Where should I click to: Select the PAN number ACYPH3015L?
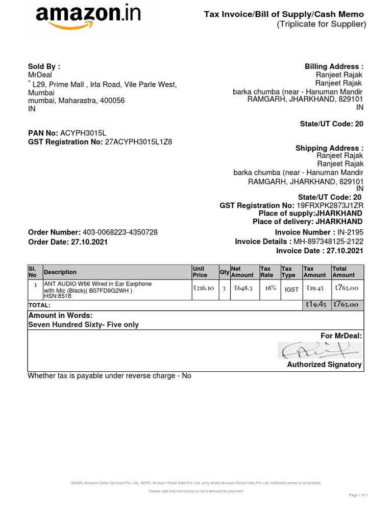pyautogui.click(x=83, y=133)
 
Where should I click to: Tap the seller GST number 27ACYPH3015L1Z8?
pyautogui.click(x=138, y=141)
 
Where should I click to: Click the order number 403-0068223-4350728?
pyautogui.click(x=124, y=232)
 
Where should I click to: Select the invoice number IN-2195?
pyautogui.click(x=351, y=232)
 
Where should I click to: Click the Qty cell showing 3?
pyautogui.click(x=224, y=289)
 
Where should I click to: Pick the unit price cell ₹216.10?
pyautogui.click(x=204, y=289)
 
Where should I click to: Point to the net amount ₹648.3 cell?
pyautogui.click(x=243, y=289)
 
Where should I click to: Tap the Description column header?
pyautogui.click(x=60, y=272)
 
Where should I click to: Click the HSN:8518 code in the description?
pyautogui.click(x=57, y=296)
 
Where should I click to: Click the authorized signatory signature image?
pyautogui.click(x=320, y=350)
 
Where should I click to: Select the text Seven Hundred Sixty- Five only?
pyautogui.click(x=83, y=325)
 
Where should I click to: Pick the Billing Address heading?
pyautogui.click(x=334, y=66)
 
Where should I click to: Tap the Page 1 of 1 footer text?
pyautogui.click(x=358, y=495)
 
